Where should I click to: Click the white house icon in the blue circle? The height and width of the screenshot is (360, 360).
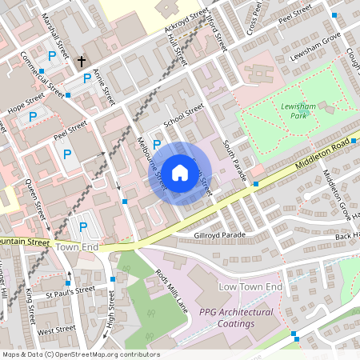tap(180, 173)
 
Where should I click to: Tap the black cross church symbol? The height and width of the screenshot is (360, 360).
tap(81, 61)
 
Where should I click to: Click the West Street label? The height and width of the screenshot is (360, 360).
tap(56, 329)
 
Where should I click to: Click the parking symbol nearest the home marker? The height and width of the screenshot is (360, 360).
tap(157, 145)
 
